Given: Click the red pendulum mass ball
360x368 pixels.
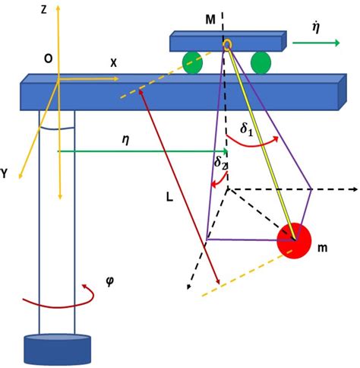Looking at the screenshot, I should (293, 241).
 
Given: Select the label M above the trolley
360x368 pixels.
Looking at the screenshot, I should (210, 16).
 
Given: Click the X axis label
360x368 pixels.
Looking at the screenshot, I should (113, 64).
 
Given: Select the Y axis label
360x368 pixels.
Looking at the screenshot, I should (7, 173).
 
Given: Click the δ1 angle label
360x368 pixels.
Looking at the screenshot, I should (248, 129).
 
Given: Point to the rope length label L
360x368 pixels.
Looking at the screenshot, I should (171, 196).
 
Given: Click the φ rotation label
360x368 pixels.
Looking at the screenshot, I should (111, 280).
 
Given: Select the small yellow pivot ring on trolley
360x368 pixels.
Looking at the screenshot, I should (226, 45).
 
